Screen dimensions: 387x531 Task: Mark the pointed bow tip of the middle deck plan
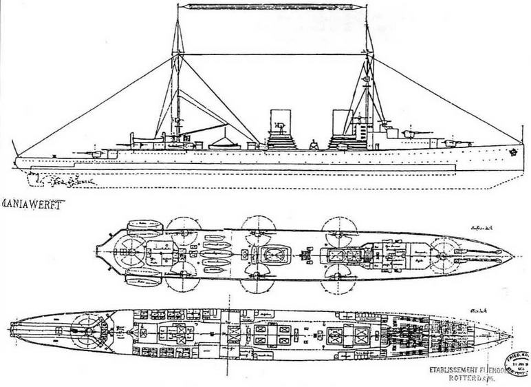(513, 255)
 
